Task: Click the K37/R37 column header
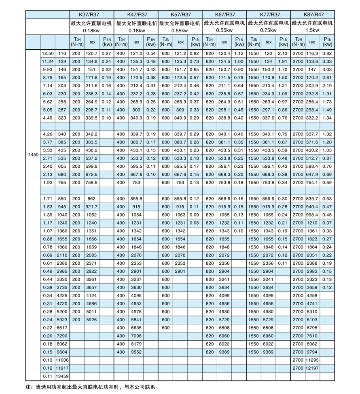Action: pos(91,15)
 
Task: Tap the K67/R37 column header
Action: pos(224,15)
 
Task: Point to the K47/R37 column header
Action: pos(136,15)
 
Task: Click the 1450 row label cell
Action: pos(33,155)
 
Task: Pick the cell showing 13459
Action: pos(62,377)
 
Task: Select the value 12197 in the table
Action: pos(312,368)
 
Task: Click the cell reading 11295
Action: pos(312,360)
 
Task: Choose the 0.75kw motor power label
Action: pos(268,30)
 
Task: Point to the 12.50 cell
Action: pos(48,54)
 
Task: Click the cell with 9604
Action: pos(62,352)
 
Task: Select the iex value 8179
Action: pos(136,343)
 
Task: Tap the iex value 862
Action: pos(91,198)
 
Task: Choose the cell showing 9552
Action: pos(136,352)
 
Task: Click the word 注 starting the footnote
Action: pos(28,387)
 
